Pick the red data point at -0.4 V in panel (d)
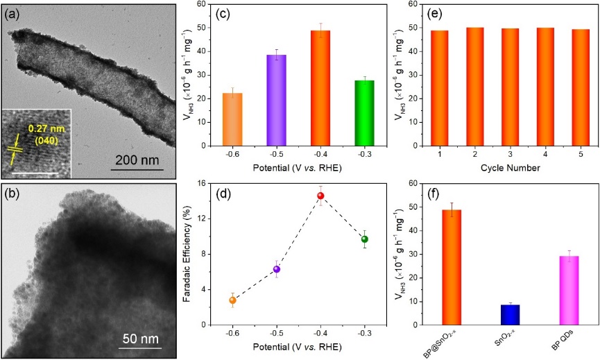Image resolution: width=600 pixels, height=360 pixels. (x=320, y=196)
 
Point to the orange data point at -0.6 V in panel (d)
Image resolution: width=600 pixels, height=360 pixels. (x=232, y=300)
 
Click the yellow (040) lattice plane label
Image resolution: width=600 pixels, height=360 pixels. (x=47, y=138)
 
